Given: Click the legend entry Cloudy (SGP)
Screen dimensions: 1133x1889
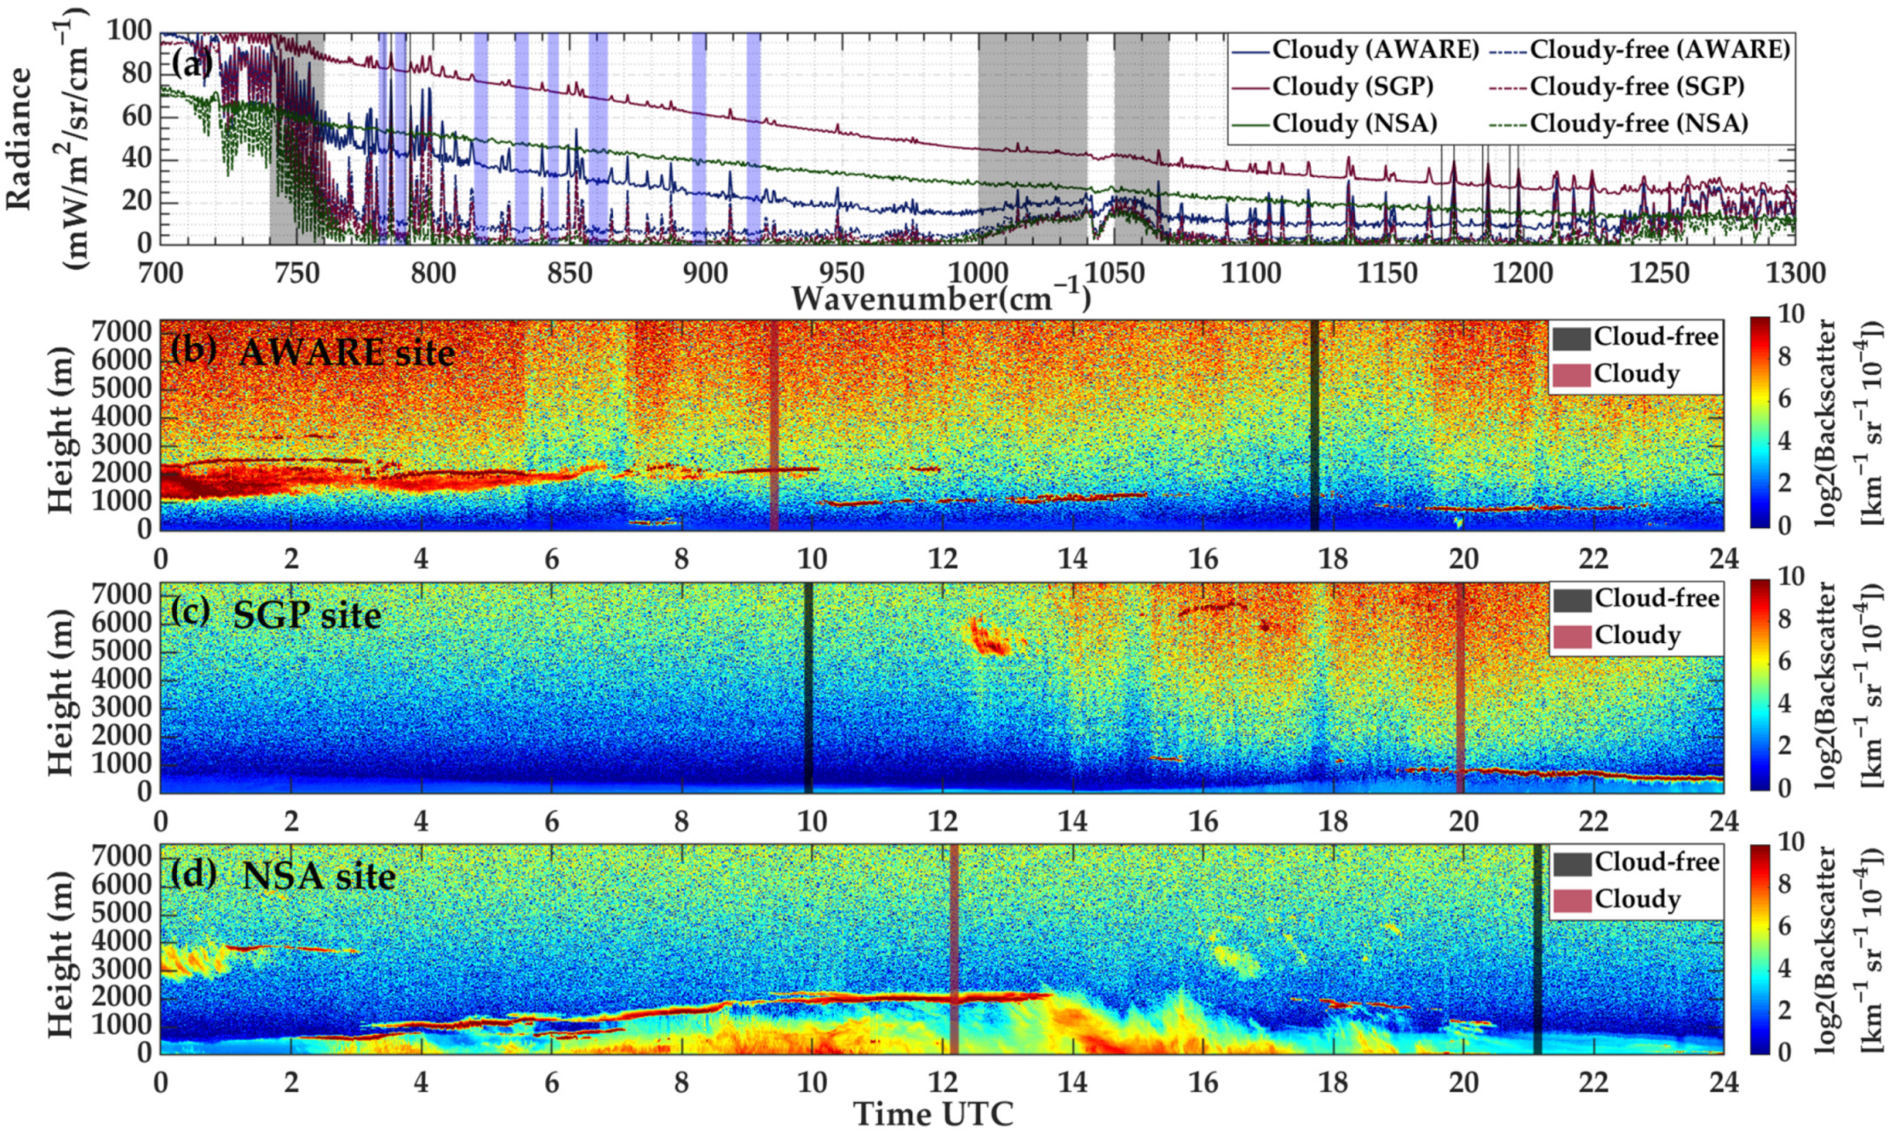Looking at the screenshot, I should click(x=1352, y=86).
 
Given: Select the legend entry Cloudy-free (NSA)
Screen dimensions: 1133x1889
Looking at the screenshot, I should click(x=1639, y=124).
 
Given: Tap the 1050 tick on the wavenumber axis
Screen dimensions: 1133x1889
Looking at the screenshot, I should click(x=1115, y=273).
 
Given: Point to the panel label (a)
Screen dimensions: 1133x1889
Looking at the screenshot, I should click(x=192, y=64).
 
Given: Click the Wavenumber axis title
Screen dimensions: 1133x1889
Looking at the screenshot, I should click(x=940, y=298).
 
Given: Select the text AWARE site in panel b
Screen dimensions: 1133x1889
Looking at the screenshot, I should click(x=347, y=352).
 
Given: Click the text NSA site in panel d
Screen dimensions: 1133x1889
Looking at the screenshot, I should click(x=319, y=876).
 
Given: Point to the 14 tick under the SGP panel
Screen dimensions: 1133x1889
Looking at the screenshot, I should click(x=1072, y=821).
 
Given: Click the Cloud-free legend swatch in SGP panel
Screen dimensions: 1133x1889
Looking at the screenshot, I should click(x=1571, y=600).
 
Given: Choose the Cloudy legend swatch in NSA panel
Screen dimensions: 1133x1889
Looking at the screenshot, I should click(x=1571, y=900).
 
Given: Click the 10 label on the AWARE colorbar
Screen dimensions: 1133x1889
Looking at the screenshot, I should click(x=1790, y=314).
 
